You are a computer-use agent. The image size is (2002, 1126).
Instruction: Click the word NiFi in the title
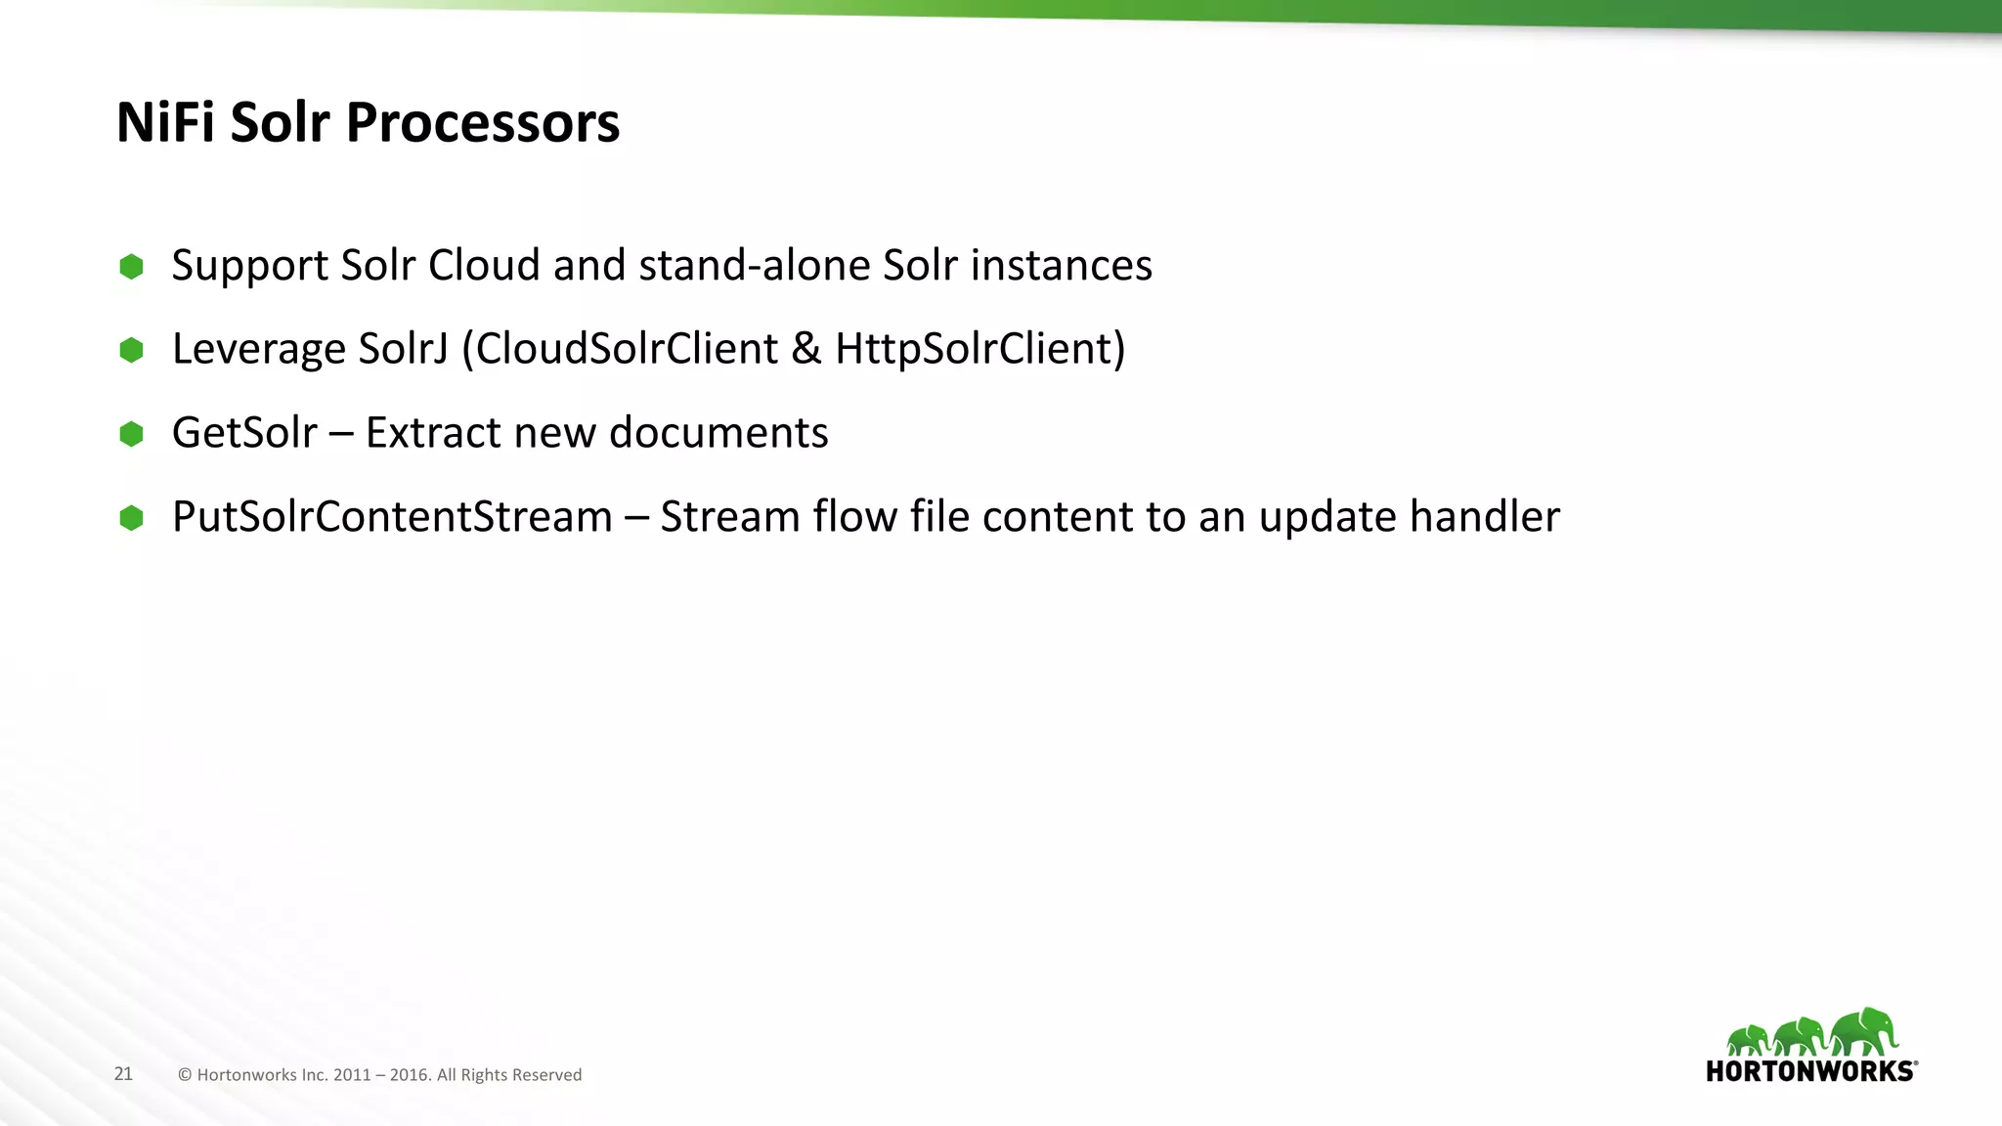pos(165,123)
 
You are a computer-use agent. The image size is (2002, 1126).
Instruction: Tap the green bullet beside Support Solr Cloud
pos(131,267)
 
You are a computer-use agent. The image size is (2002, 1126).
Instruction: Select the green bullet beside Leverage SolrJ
pos(131,350)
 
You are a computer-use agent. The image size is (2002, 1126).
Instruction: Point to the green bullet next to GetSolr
pos(131,434)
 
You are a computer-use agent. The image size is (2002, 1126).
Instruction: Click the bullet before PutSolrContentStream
pos(131,518)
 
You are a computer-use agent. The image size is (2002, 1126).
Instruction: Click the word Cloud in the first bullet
pos(484,266)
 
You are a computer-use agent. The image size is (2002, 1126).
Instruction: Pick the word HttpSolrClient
pos(973,350)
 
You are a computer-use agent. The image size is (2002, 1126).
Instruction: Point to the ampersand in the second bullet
pos(806,350)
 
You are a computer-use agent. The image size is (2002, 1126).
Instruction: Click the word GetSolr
pos(244,433)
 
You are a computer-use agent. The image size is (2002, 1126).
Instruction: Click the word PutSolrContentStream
pos(392,517)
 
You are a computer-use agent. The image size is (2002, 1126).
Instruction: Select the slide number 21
pos(123,1073)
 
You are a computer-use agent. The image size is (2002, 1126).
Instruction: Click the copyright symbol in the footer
pos(185,1075)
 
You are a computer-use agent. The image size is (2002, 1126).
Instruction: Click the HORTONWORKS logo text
pos(1809,1071)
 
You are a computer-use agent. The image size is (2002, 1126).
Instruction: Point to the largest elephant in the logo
pos(1863,1031)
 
